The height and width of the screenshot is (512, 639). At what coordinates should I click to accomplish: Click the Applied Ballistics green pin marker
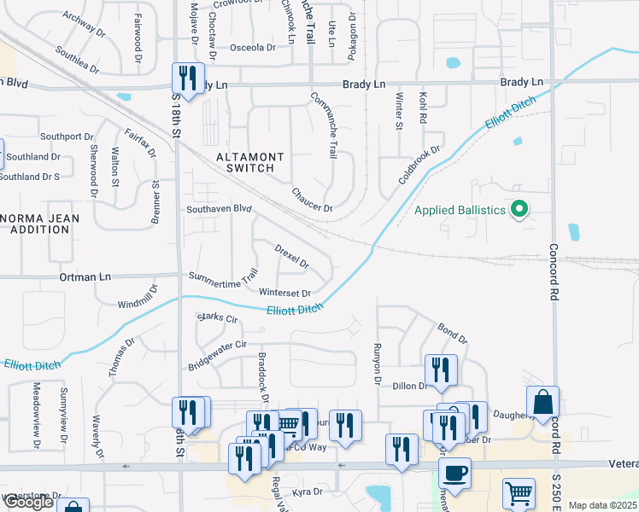coord(518,209)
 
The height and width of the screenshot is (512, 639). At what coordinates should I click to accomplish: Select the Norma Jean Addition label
coord(40,224)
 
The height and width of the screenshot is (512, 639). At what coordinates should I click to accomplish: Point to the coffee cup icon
coord(454,474)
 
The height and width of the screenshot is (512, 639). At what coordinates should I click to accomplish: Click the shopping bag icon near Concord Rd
coord(543,402)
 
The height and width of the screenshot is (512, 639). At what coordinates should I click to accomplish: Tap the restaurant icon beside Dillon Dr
coord(441,370)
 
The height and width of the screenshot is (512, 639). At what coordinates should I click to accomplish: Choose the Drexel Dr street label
coord(291,256)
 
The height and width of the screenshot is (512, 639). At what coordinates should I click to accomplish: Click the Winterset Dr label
coord(285,293)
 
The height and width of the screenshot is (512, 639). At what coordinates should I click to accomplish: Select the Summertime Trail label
coord(223,277)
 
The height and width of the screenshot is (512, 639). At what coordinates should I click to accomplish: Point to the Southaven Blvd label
coord(220,208)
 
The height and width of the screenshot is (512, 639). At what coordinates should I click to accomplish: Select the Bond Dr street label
coord(452,333)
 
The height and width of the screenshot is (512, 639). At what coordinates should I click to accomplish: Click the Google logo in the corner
coord(27,502)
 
